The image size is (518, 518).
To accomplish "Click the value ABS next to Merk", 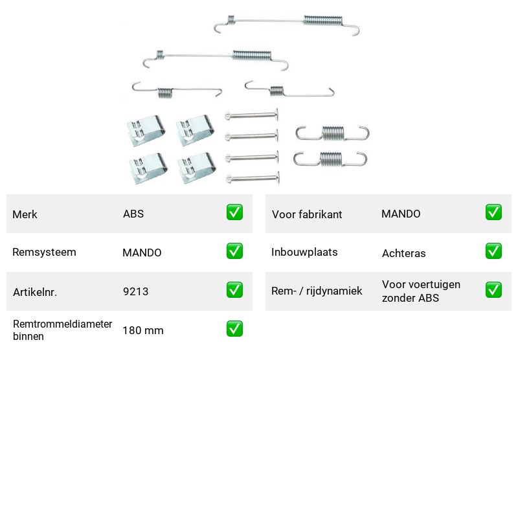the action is [133, 214].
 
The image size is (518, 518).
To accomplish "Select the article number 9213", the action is [135, 291].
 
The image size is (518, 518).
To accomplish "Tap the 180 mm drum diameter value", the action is [143, 330].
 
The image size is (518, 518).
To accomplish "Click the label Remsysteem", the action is [44, 252].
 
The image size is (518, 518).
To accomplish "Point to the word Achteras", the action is [403, 253].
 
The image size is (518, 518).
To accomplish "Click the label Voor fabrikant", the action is [307, 214].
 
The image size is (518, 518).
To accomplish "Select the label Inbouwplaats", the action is [304, 252].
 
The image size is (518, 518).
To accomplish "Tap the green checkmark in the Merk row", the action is [234, 212].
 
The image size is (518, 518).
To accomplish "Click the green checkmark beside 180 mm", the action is [234, 329].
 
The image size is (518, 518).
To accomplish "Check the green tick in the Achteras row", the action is [493, 251].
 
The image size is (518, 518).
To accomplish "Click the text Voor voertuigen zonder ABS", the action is [421, 291].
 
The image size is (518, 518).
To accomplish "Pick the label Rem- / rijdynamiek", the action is [317, 291].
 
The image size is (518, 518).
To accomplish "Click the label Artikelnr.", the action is [35, 292].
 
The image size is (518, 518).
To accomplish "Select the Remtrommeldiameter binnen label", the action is [62, 330].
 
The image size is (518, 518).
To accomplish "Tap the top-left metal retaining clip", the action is [146, 130].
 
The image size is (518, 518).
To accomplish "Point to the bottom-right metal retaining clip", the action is [197, 168].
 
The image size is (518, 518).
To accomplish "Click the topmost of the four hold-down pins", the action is [252, 115].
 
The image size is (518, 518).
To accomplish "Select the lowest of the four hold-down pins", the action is [253, 179].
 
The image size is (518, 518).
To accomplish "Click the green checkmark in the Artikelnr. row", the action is [234, 290].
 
